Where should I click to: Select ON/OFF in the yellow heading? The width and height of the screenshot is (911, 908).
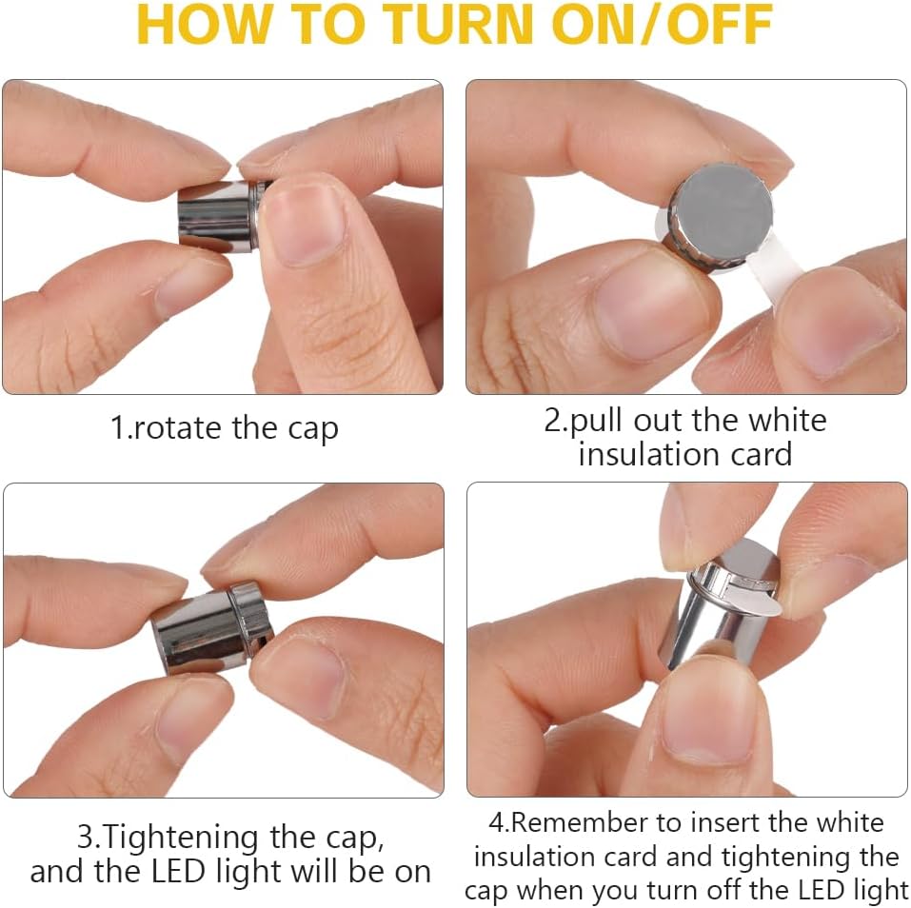[662, 25]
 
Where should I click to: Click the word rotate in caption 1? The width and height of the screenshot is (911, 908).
[178, 428]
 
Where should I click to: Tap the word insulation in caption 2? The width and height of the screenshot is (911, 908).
[648, 454]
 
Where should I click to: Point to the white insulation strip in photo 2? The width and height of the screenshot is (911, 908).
[773, 273]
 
